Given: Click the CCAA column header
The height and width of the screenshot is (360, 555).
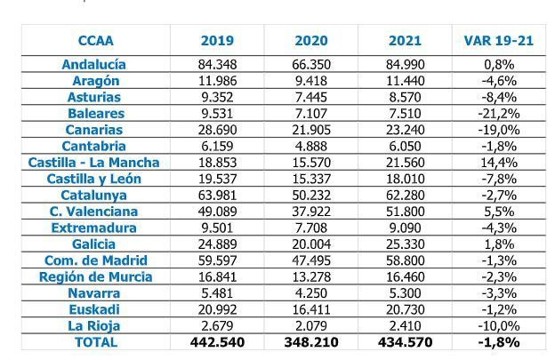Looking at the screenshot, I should [95, 41].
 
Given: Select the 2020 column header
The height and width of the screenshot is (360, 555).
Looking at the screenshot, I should [310, 41].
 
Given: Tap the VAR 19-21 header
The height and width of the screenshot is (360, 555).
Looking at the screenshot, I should [494, 41].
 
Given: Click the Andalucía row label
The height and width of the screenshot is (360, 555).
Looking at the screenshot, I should [94, 64].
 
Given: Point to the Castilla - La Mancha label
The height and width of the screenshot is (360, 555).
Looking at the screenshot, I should [94, 163].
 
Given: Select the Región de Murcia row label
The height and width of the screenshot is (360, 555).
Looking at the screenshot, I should [94, 276].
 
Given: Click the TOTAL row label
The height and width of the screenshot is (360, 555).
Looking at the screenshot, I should [94, 341].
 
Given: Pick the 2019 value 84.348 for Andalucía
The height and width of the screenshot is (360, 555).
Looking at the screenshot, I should [217, 64].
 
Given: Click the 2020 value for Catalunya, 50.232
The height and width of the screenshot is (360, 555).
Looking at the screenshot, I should [310, 195].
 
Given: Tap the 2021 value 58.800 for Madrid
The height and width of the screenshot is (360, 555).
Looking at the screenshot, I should [405, 260].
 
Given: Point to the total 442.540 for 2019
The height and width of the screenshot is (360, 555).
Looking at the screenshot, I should [217, 341].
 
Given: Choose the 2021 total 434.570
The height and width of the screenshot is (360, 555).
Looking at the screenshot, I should [405, 341].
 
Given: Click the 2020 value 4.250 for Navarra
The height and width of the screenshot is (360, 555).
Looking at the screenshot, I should [310, 292].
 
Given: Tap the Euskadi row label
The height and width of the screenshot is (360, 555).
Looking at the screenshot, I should [94, 309].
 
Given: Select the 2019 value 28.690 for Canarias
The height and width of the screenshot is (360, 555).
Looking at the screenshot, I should [217, 130].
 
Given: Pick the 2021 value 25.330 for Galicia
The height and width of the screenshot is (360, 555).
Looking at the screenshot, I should [405, 244].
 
